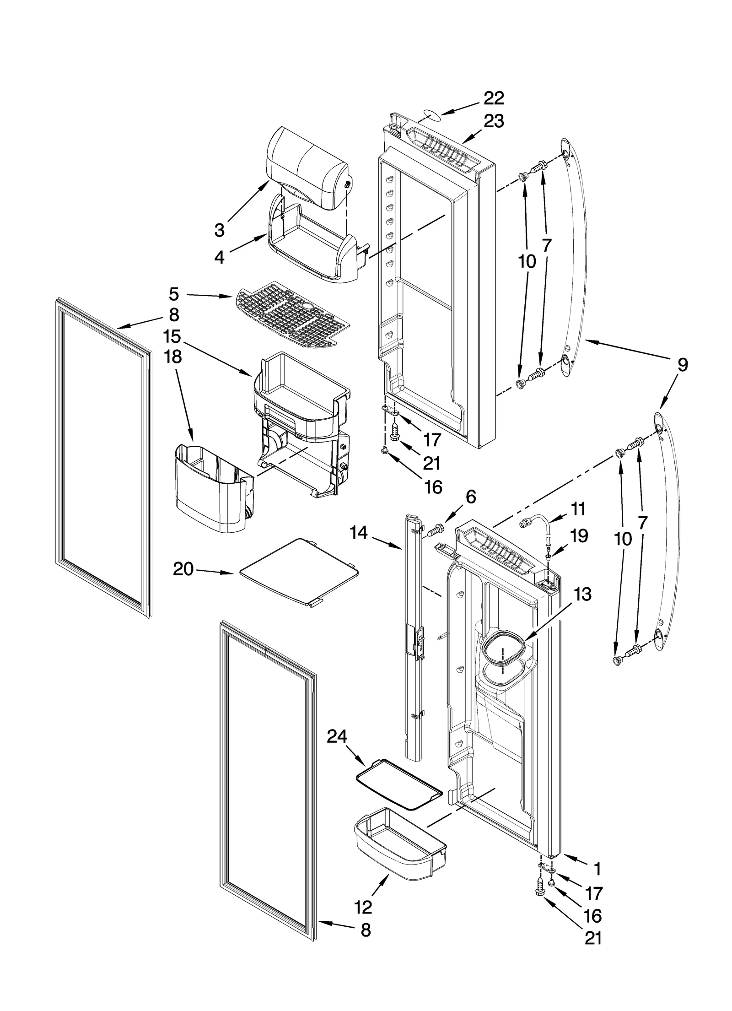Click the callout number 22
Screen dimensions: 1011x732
pyautogui.click(x=494, y=98)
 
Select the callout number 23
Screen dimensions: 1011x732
pyautogui.click(x=494, y=121)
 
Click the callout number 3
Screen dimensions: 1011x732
pyautogui.click(x=220, y=230)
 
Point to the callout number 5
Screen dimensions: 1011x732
pyautogui.click(x=173, y=294)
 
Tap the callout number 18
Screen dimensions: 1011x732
pyautogui.click(x=173, y=357)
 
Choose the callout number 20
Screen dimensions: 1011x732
pyautogui.click(x=183, y=570)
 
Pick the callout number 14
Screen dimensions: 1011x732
pyautogui.click(x=359, y=532)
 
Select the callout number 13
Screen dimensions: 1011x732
pyautogui.click(x=583, y=595)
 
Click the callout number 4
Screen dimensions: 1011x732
pyautogui.click(x=220, y=258)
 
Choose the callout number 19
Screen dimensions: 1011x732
pyautogui.click(x=579, y=535)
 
